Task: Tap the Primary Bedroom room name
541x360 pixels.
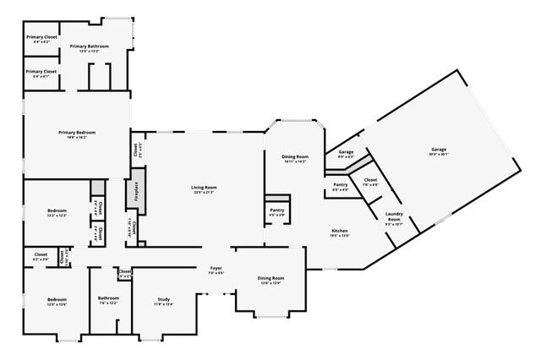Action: point(77,133)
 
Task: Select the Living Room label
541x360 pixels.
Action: point(204,188)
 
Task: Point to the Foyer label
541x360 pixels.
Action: point(216,268)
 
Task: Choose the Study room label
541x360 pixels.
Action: point(163,300)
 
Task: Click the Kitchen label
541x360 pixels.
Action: point(340,231)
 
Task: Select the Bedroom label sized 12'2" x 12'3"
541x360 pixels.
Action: point(57,210)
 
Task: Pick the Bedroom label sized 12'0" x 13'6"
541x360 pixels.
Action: point(57,300)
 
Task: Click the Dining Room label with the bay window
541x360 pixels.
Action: point(295,156)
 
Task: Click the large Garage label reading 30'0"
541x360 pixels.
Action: point(439,150)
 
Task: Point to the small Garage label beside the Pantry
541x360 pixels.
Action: point(346,153)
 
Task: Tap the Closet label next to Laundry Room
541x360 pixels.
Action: point(370,180)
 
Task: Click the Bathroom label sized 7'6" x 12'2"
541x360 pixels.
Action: point(108,297)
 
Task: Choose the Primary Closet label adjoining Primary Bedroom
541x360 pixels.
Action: point(41,72)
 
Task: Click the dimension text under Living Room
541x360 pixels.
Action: point(204,193)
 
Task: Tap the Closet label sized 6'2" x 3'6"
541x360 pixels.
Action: point(41,254)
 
